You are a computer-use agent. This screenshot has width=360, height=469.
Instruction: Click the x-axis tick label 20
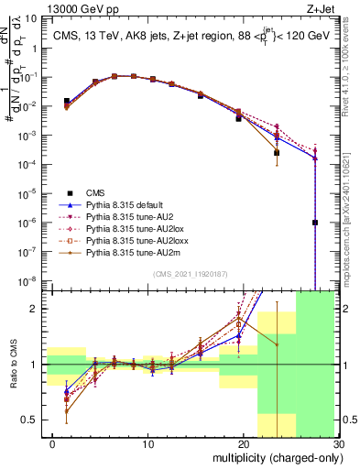[x=243, y=446]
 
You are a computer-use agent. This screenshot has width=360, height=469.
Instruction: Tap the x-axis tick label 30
[x=336, y=446]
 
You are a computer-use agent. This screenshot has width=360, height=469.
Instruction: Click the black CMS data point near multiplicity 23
[x=277, y=153]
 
